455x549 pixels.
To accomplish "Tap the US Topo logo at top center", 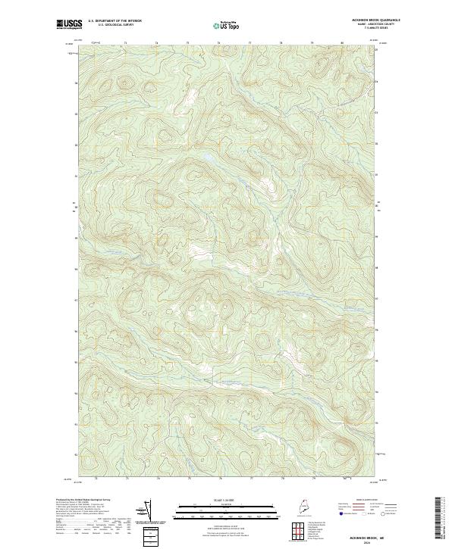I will tap(227, 24).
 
